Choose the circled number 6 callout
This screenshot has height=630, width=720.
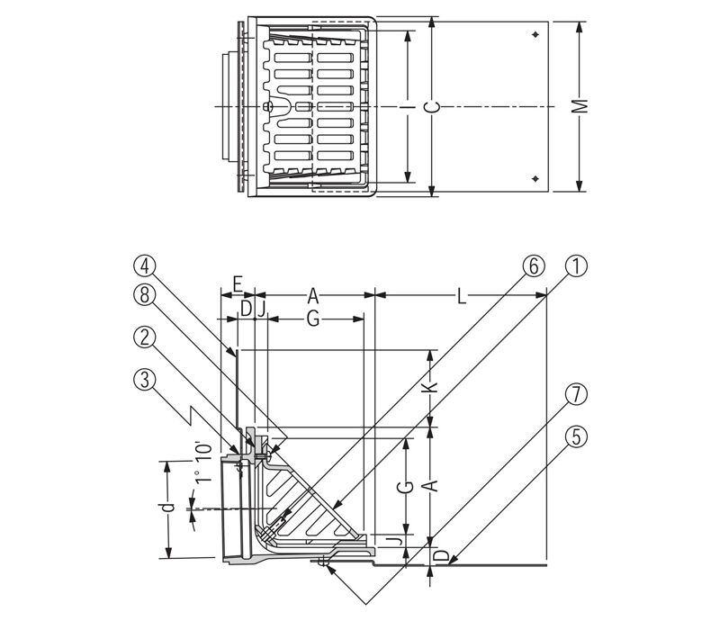click(533, 265)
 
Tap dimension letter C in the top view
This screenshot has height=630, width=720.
click(434, 106)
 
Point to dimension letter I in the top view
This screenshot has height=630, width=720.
click(409, 106)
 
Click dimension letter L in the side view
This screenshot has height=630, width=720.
click(463, 293)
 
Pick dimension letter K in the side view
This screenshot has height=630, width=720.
click(431, 385)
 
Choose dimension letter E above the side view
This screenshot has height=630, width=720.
click(236, 283)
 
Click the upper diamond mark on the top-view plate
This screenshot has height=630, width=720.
click(535, 35)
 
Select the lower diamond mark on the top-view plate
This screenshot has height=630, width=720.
click(535, 177)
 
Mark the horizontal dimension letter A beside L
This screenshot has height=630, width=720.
click(312, 293)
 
